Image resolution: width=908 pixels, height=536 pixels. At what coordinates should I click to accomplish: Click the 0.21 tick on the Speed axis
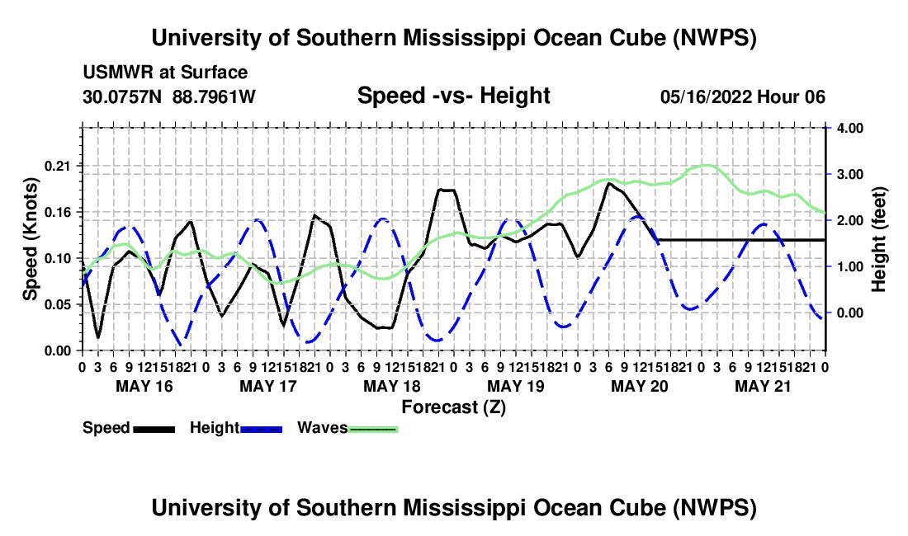57,167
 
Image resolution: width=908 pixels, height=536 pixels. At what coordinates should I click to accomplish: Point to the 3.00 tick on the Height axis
851,175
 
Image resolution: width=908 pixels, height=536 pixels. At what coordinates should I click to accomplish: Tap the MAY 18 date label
392,386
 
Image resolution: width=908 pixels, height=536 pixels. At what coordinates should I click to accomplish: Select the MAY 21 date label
763,386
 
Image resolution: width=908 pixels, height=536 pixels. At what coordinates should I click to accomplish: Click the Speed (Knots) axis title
30,239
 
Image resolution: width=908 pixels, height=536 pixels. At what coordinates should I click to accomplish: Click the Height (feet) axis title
878,239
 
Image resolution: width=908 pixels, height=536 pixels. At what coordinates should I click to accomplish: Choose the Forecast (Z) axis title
454,407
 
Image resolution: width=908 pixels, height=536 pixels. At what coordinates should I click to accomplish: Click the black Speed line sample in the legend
154,429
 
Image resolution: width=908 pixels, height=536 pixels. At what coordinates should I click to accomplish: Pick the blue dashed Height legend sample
261,429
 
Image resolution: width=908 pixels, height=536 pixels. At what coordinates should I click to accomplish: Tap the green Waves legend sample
373,429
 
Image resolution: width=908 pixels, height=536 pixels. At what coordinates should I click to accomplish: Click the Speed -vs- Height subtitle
454,96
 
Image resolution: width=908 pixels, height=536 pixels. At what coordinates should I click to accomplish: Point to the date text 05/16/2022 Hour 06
743,96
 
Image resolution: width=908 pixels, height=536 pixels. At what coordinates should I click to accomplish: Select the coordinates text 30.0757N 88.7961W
169,96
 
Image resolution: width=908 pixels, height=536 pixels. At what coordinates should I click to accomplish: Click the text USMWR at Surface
165,73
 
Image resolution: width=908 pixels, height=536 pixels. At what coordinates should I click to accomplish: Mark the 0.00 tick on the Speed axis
57,351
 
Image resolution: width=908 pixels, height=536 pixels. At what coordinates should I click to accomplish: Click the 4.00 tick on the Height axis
851,129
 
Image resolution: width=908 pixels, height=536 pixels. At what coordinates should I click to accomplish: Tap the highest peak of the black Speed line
608,183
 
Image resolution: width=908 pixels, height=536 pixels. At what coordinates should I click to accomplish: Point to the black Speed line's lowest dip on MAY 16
98,337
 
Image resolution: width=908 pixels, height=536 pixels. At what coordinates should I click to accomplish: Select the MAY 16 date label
144,386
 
